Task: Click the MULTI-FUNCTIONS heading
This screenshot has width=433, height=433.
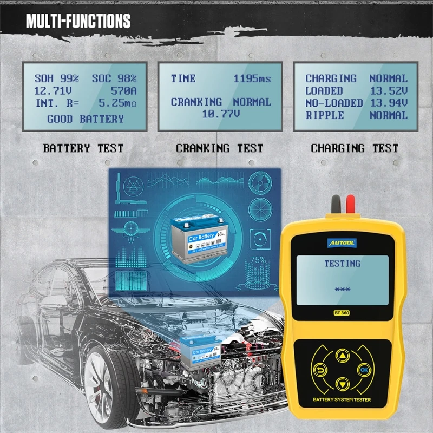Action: tap(78, 22)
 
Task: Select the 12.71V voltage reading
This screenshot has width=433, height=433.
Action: tap(52, 91)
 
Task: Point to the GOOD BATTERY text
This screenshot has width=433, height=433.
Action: tap(86, 119)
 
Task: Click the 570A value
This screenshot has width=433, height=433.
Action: tap(123, 91)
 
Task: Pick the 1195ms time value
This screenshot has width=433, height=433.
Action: tap(252, 79)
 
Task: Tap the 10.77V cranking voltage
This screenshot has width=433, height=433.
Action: tap(221, 114)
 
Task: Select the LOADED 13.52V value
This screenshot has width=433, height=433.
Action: tap(388, 91)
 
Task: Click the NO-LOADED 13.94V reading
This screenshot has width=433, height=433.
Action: tap(388, 103)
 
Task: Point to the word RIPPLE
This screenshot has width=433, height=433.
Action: tap(325, 115)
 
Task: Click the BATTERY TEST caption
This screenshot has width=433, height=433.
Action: tap(83, 148)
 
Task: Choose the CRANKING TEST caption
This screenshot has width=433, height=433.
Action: tap(219, 148)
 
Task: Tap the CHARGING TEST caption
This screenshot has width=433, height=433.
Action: tap(355, 148)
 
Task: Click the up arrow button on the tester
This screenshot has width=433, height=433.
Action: tap(342, 356)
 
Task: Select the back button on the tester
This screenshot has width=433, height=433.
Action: tap(319, 370)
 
